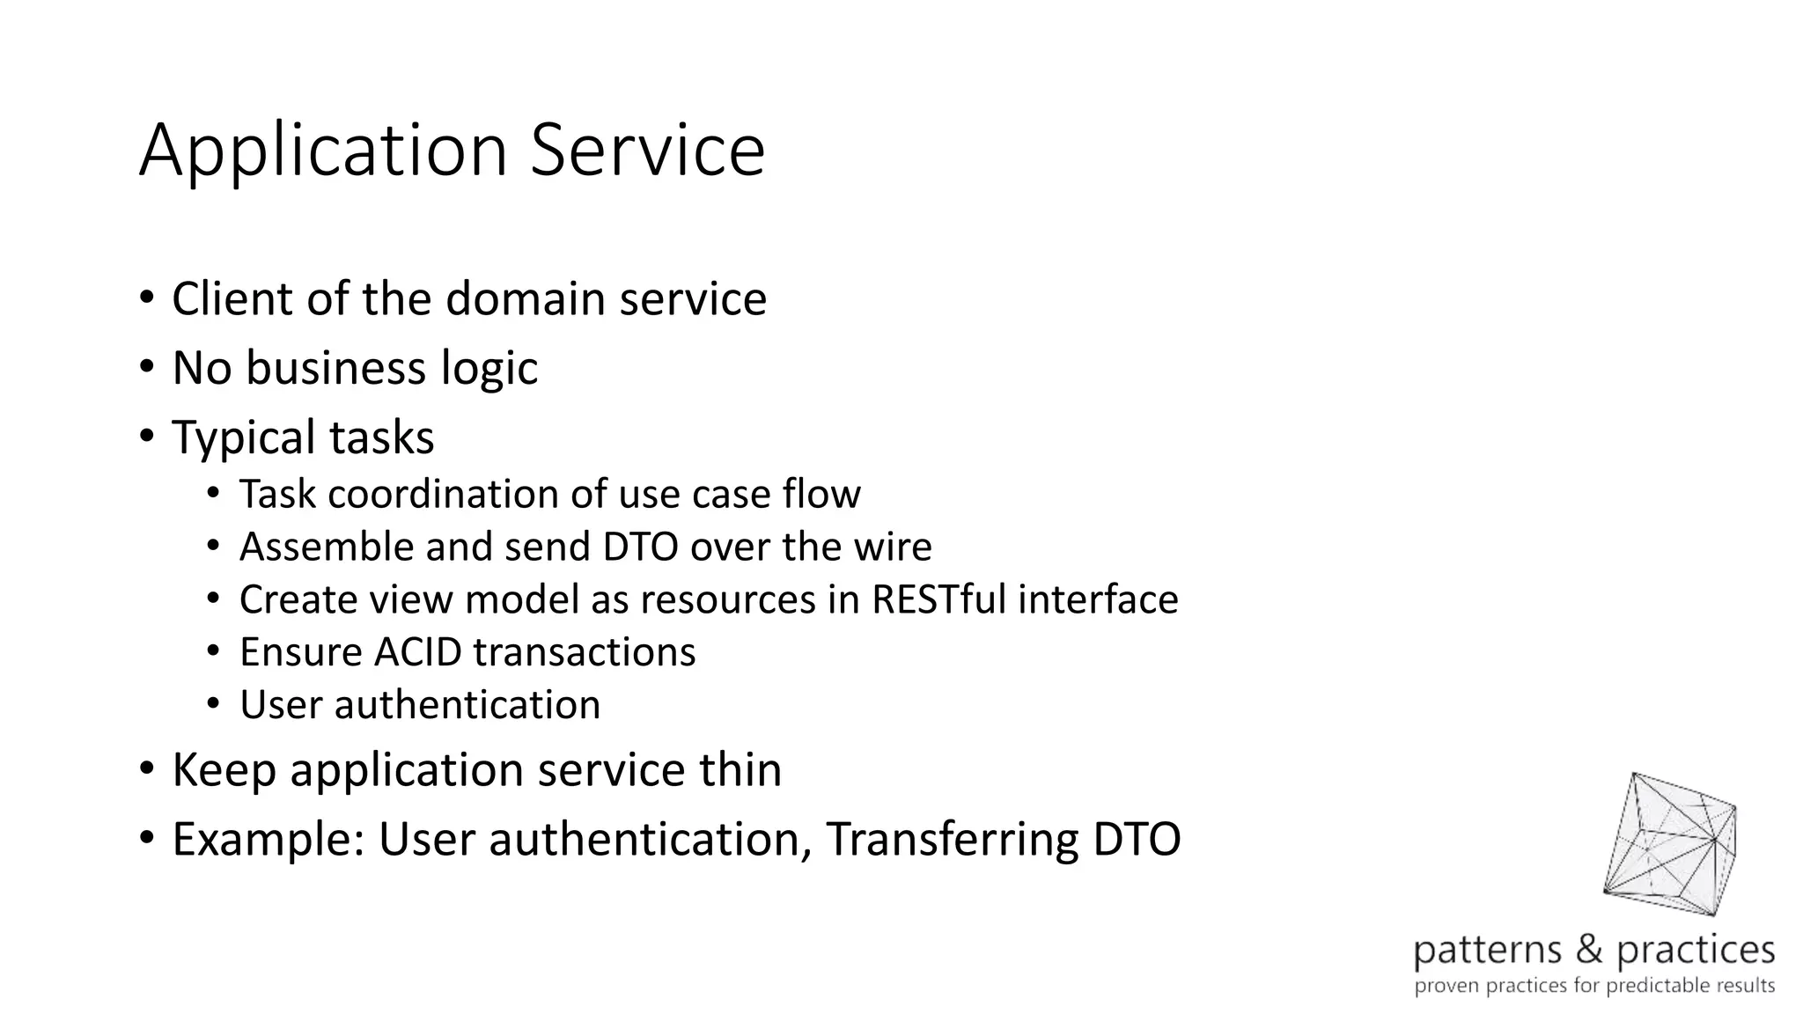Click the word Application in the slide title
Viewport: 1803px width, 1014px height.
point(323,151)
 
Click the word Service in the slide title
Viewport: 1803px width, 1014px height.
point(647,150)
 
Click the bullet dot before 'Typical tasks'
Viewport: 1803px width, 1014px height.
point(146,435)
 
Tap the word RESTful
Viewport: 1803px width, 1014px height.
point(938,599)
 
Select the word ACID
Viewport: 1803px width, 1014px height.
point(417,652)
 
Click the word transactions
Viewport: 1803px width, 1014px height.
point(584,652)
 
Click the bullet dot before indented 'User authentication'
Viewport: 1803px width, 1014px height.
point(213,704)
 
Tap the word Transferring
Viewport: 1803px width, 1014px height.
point(952,839)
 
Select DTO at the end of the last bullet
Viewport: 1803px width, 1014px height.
point(1137,839)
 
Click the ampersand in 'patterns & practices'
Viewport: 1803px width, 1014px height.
point(1589,950)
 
